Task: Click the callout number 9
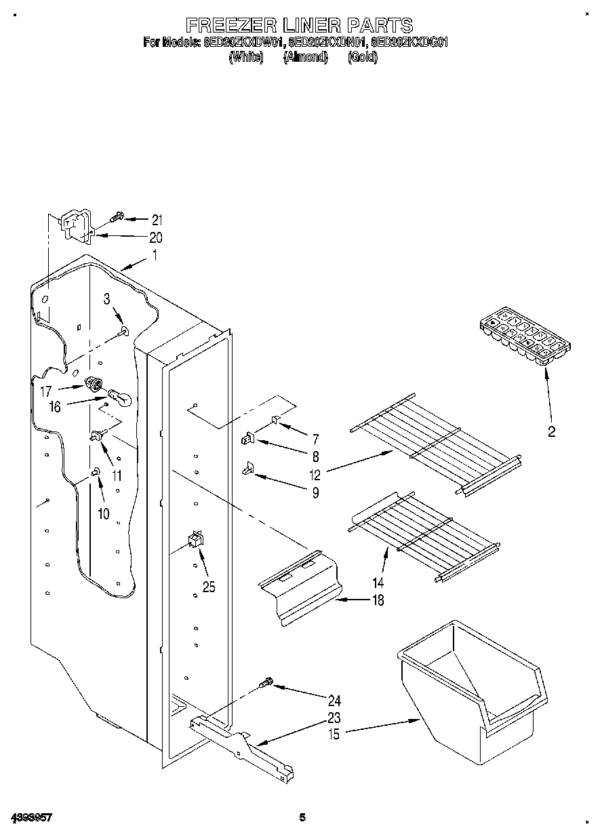315,493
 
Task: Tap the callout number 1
155,256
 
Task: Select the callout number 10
103,513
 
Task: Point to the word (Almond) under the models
305,58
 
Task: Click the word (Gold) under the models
363,58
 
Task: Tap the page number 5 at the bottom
302,818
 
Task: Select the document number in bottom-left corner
31,818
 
